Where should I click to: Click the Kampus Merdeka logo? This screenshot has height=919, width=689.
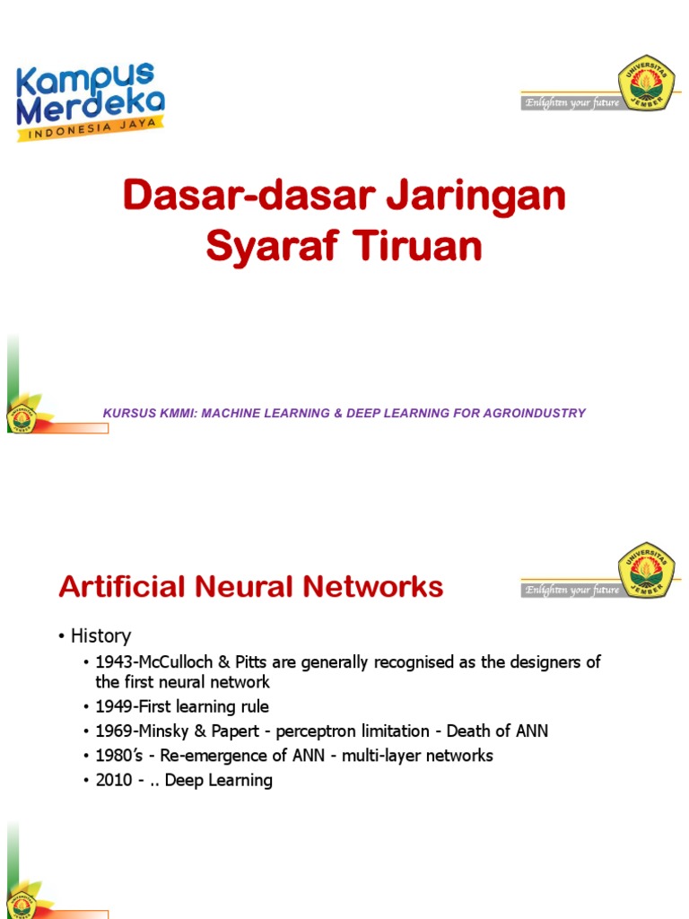click(90, 101)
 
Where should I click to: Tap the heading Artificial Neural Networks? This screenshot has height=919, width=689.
click(250, 587)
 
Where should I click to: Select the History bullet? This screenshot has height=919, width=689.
click(100, 636)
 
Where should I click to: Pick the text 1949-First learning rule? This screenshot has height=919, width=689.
click(182, 707)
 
